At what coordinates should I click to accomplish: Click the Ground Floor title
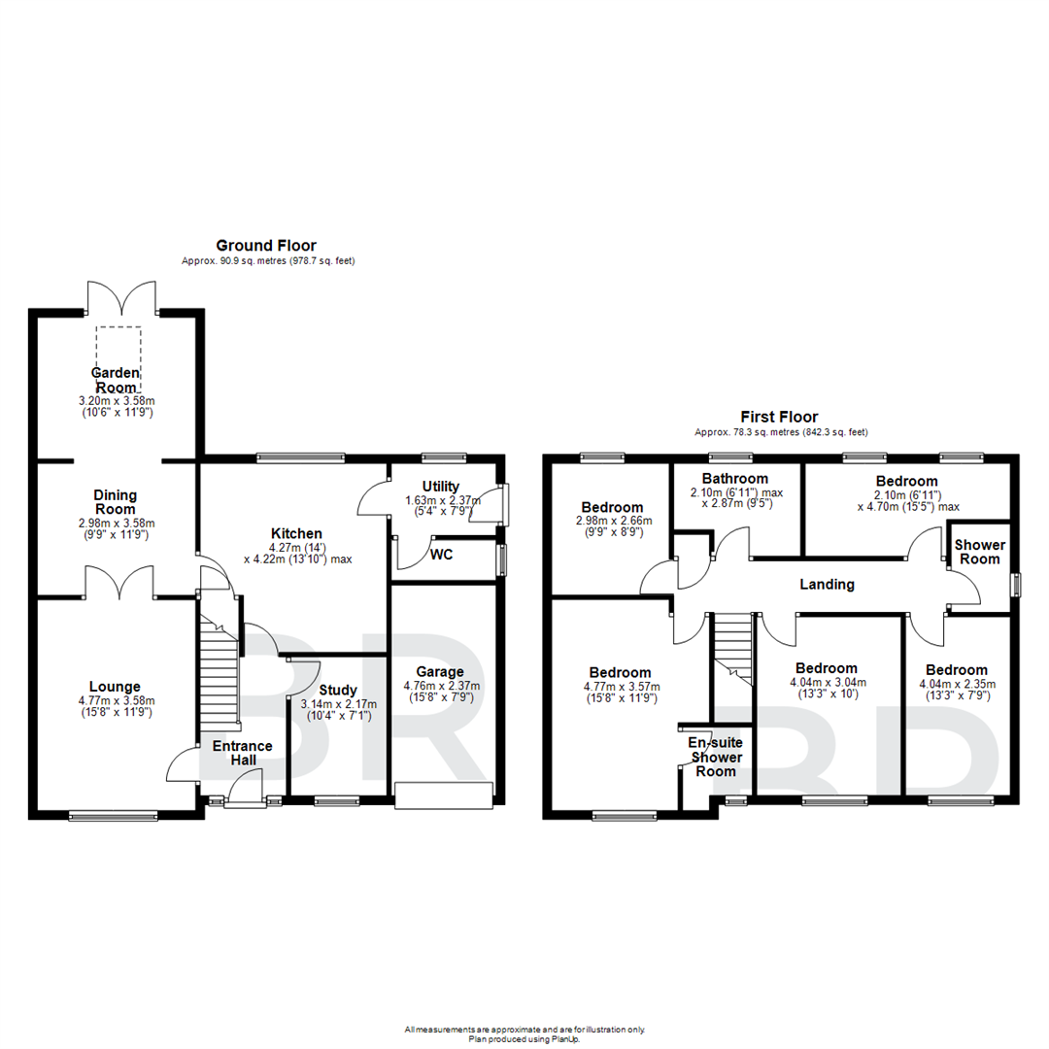(x=265, y=246)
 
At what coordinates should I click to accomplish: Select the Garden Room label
(x=116, y=380)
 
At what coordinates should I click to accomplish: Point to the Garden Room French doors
(x=121, y=297)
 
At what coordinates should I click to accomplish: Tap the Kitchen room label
(x=296, y=533)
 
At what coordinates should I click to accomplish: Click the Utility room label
(x=440, y=486)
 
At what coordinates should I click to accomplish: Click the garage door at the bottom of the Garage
(x=445, y=795)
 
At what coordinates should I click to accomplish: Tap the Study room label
(x=338, y=691)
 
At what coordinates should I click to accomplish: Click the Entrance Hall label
(x=243, y=753)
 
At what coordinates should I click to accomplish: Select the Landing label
(x=827, y=585)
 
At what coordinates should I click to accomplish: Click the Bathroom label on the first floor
(x=735, y=478)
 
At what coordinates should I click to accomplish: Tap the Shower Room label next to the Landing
(x=977, y=551)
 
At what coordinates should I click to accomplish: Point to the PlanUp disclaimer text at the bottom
(x=524, y=1033)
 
